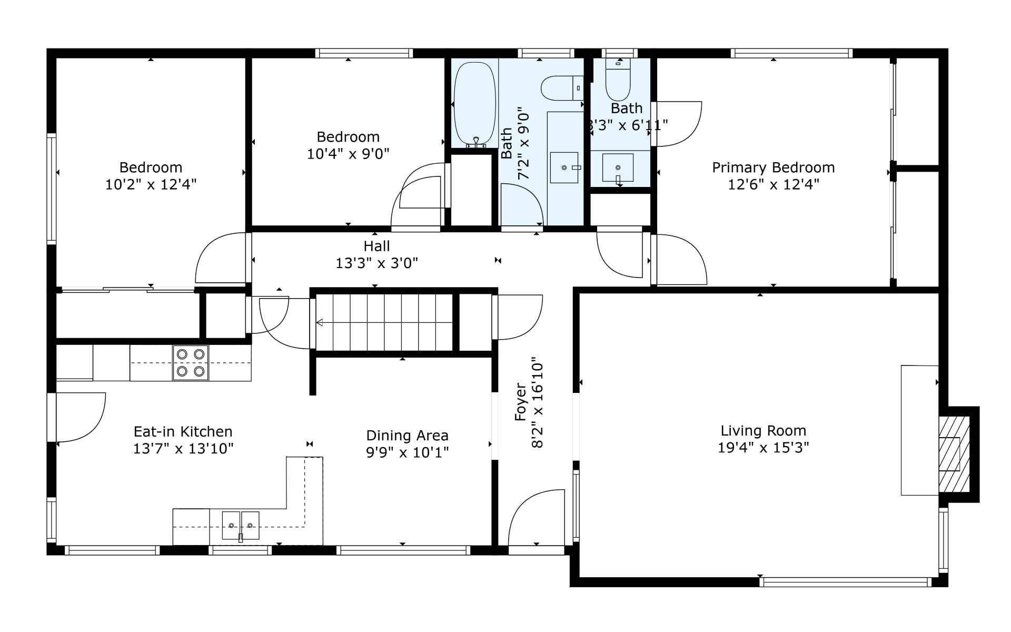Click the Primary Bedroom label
(x=773, y=167)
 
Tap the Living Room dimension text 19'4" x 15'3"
(x=763, y=448)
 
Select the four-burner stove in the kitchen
(x=191, y=362)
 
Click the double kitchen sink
(x=241, y=526)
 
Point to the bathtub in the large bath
(x=474, y=104)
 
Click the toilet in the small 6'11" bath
(x=618, y=80)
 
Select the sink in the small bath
(x=618, y=167)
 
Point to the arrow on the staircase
(x=384, y=322)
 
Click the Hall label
(x=376, y=246)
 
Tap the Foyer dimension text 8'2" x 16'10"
(x=537, y=403)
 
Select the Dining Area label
(x=407, y=436)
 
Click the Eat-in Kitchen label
(x=183, y=432)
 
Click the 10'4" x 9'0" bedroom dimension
(x=348, y=154)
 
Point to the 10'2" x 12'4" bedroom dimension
(x=151, y=184)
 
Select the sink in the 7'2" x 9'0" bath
(x=564, y=167)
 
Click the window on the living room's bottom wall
(x=846, y=582)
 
